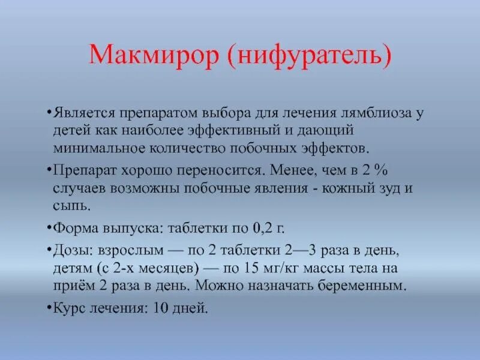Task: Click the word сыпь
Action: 70,205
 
